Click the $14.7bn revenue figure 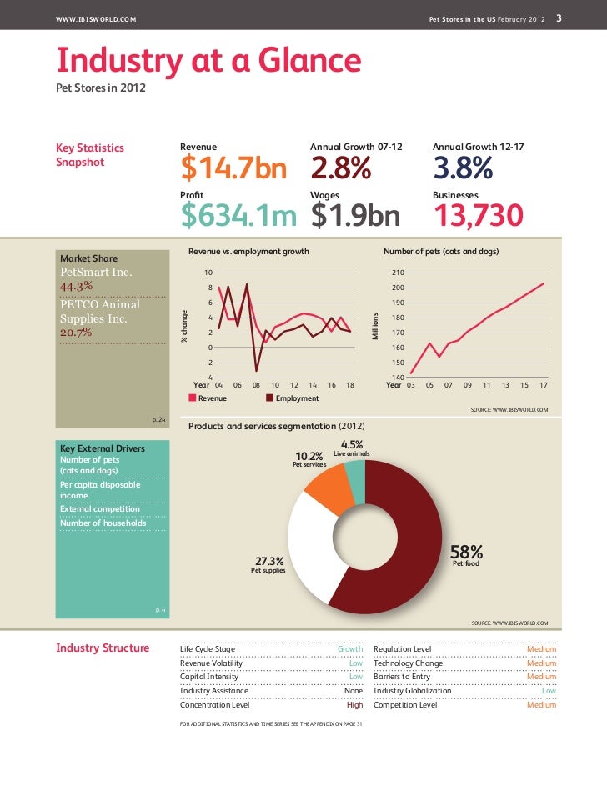click(233, 169)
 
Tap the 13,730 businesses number click(478, 216)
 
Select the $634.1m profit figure click(238, 216)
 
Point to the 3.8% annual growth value click(463, 169)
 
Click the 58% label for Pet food click(466, 552)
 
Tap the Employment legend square click(269, 398)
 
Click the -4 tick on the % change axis click(208, 378)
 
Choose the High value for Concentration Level click(354, 704)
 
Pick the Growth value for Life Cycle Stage click(349, 648)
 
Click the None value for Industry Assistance click(354, 690)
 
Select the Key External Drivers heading click(100, 448)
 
